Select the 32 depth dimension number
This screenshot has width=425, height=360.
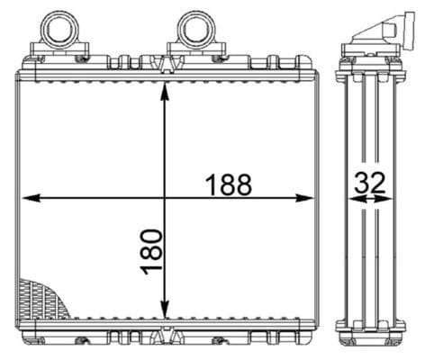[x=369, y=183]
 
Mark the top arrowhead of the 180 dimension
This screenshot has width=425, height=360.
[x=163, y=79]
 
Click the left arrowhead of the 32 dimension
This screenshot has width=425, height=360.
[x=352, y=200]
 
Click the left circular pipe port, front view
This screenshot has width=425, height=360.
[x=61, y=26]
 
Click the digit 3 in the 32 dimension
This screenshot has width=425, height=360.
[x=360, y=183]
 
